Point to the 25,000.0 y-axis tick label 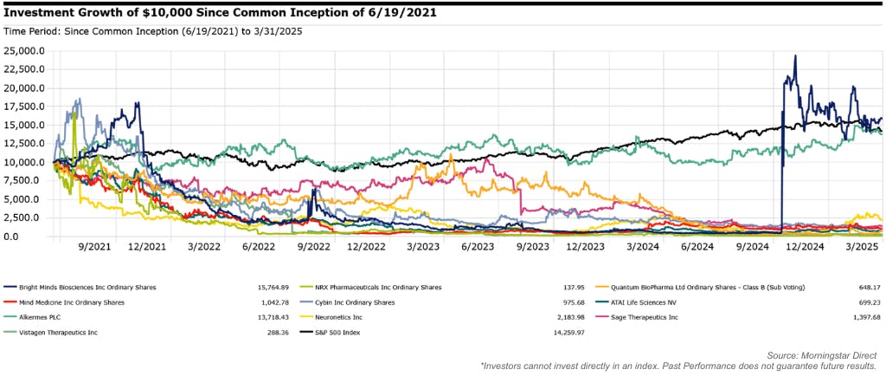point(27,50)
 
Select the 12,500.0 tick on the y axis point(27,143)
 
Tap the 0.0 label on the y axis point(38,237)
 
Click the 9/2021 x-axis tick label point(95,247)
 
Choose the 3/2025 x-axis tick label point(861,247)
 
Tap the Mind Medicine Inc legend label point(70,302)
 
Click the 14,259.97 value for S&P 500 point(566,334)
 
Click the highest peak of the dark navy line point(795,55)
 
